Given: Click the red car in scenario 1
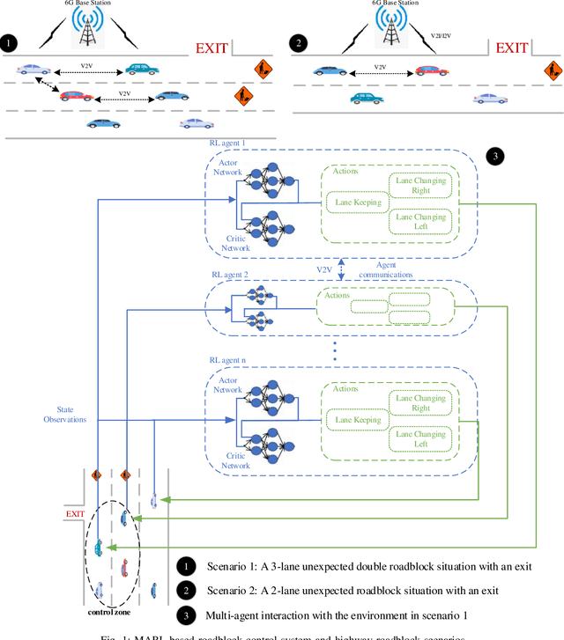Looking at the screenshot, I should pyautogui.click(x=77, y=95).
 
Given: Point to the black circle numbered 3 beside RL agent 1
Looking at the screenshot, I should pyautogui.click(x=495, y=156).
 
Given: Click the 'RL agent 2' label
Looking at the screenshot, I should pyautogui.click(x=229, y=275).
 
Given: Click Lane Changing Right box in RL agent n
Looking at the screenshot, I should pyautogui.click(x=421, y=402).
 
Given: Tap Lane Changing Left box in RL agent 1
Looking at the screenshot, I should pyautogui.click(x=421, y=222).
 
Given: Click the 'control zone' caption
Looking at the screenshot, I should pyautogui.click(x=109, y=610).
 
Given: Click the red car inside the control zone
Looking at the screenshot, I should pyautogui.click(x=123, y=565).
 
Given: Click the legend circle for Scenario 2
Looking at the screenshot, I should pyautogui.click(x=186, y=591).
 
